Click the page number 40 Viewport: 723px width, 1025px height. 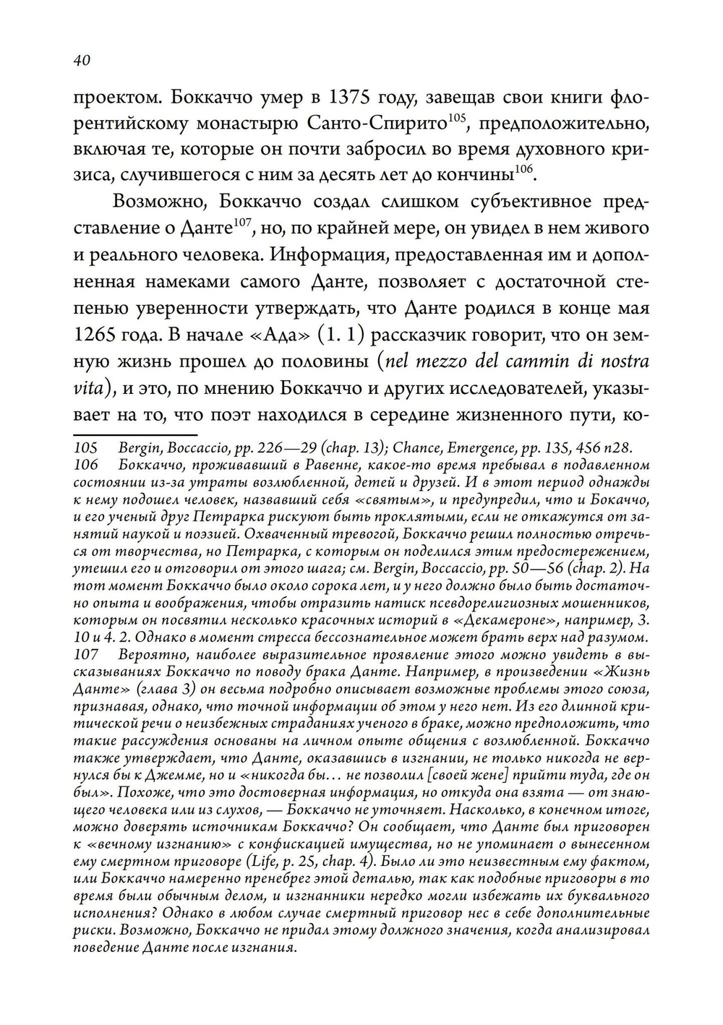click(81, 61)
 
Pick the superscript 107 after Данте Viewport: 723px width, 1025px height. click(241, 223)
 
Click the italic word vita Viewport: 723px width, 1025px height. click(89, 387)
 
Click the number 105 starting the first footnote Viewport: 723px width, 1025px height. click(86, 449)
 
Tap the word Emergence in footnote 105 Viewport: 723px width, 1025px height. click(481, 449)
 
